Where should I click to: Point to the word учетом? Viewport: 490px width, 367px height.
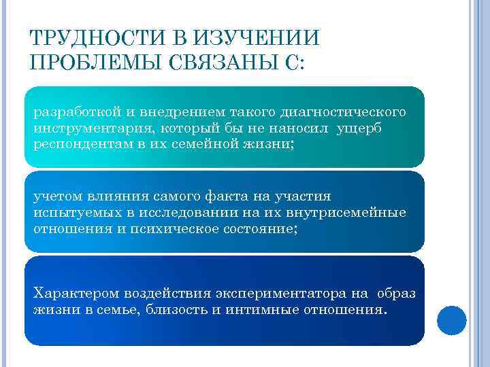pyautogui.click(x=56, y=196)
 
